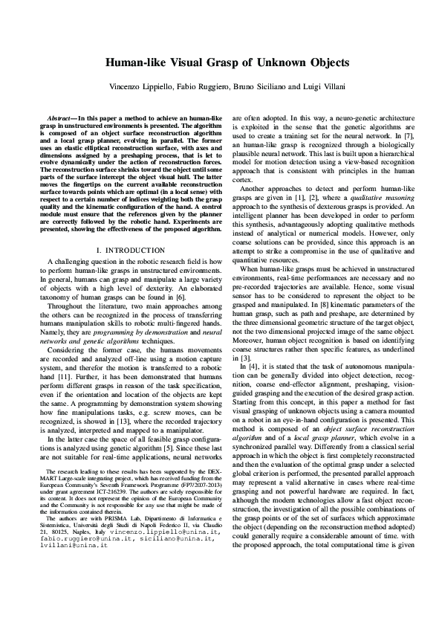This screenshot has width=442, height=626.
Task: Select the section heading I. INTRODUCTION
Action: point(131,250)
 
